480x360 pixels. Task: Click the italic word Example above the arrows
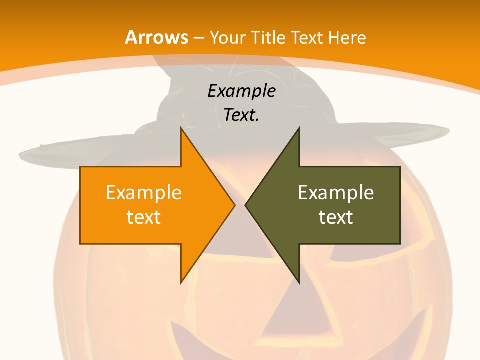241,91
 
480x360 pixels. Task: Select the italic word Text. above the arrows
241,115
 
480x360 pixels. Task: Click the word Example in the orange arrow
144,192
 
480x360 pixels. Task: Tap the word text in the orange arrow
144,217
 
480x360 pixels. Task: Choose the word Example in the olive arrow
336,192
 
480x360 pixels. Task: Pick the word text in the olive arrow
336,217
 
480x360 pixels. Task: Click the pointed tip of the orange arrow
234,205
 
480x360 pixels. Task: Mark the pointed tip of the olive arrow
246,205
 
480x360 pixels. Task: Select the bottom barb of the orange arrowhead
182,281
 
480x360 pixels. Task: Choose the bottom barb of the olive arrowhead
298,281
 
